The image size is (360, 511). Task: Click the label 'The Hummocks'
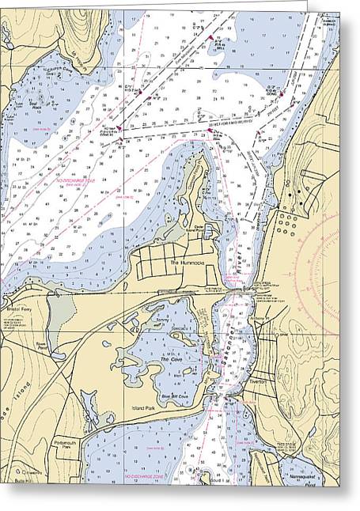[184, 261]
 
